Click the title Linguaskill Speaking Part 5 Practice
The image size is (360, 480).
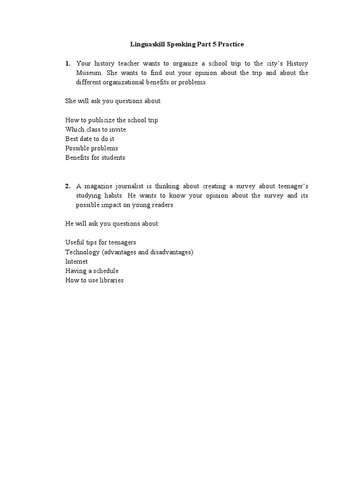coord(187,45)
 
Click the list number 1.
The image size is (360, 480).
coord(67,63)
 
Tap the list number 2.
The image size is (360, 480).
coord(67,186)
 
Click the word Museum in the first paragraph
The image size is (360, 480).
coord(88,73)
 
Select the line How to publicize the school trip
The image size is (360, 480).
coord(112,120)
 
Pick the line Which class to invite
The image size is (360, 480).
coord(96,129)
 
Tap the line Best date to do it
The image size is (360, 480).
coord(90,139)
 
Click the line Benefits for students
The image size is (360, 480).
coord(95,157)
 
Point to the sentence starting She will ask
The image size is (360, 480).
coord(113,101)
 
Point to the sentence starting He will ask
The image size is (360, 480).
coord(112,224)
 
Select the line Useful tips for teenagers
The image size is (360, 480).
coord(101,243)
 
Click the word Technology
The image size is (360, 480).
coord(81,252)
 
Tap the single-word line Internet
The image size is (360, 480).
coord(76,262)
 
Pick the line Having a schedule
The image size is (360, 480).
coord(92,271)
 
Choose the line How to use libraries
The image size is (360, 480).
coord(94,280)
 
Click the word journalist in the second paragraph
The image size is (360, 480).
coord(133,186)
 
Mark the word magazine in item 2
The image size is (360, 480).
coord(98,186)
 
